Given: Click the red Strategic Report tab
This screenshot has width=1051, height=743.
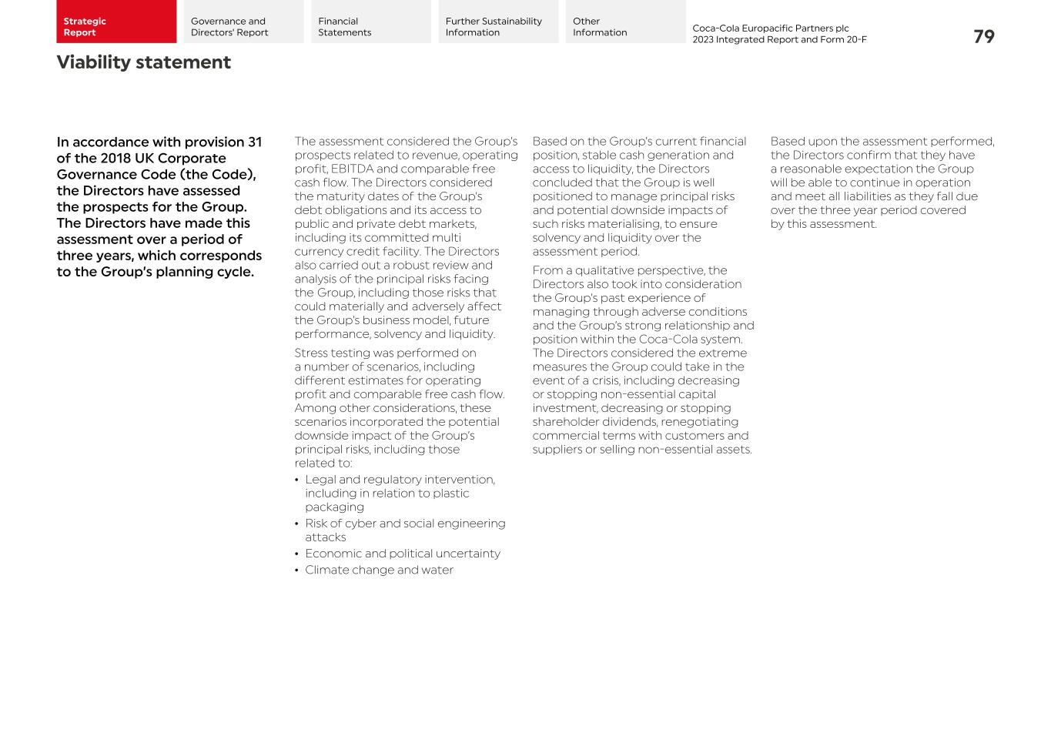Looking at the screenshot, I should click(x=115, y=22).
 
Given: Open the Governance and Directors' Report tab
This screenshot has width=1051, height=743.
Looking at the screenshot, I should click(x=243, y=22).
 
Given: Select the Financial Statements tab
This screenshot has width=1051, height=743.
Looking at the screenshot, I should click(x=370, y=22).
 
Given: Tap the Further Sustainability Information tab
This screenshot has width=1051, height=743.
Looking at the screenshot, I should click(x=497, y=22).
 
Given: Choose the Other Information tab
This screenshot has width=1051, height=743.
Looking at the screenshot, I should click(x=624, y=22).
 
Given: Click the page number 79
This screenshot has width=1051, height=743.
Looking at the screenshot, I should click(x=983, y=37).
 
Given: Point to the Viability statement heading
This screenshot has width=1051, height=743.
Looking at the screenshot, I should click(x=143, y=62).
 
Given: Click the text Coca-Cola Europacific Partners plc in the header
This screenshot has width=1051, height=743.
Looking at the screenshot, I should click(x=770, y=28).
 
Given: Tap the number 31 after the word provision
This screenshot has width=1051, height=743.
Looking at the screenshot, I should click(x=254, y=142).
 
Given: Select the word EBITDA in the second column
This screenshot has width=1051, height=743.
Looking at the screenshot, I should click(x=352, y=169).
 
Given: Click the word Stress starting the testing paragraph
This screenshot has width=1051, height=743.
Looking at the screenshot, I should click(x=311, y=353).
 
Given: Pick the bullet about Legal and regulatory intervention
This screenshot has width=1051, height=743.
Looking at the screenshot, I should click(x=400, y=493).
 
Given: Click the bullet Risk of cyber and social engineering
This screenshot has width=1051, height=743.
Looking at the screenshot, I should click(x=405, y=530).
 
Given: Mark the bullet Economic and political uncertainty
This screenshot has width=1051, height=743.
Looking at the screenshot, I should click(x=402, y=554).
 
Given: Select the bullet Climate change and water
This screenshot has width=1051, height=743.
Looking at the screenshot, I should click(x=379, y=570).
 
